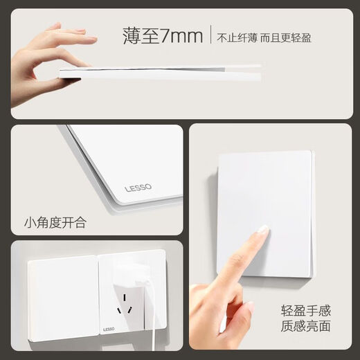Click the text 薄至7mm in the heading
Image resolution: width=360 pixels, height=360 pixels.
[162, 35]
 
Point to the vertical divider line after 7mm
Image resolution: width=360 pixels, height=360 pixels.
[210, 36]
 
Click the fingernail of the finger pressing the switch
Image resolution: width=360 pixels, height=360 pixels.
[263, 230]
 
